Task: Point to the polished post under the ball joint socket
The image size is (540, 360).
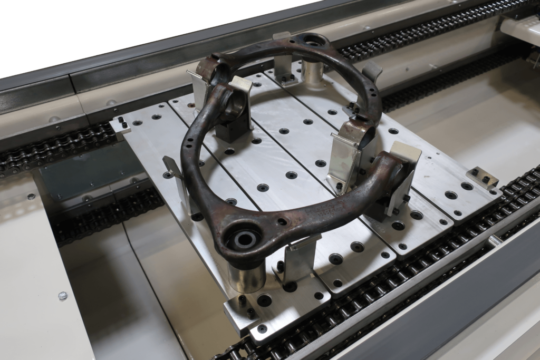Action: (312, 73)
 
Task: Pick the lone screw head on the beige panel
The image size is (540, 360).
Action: (63, 296)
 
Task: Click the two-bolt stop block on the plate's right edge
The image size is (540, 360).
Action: (482, 178)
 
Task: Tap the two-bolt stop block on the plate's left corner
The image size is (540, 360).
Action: (120, 125)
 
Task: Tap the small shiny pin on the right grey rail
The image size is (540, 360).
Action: (495, 241)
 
